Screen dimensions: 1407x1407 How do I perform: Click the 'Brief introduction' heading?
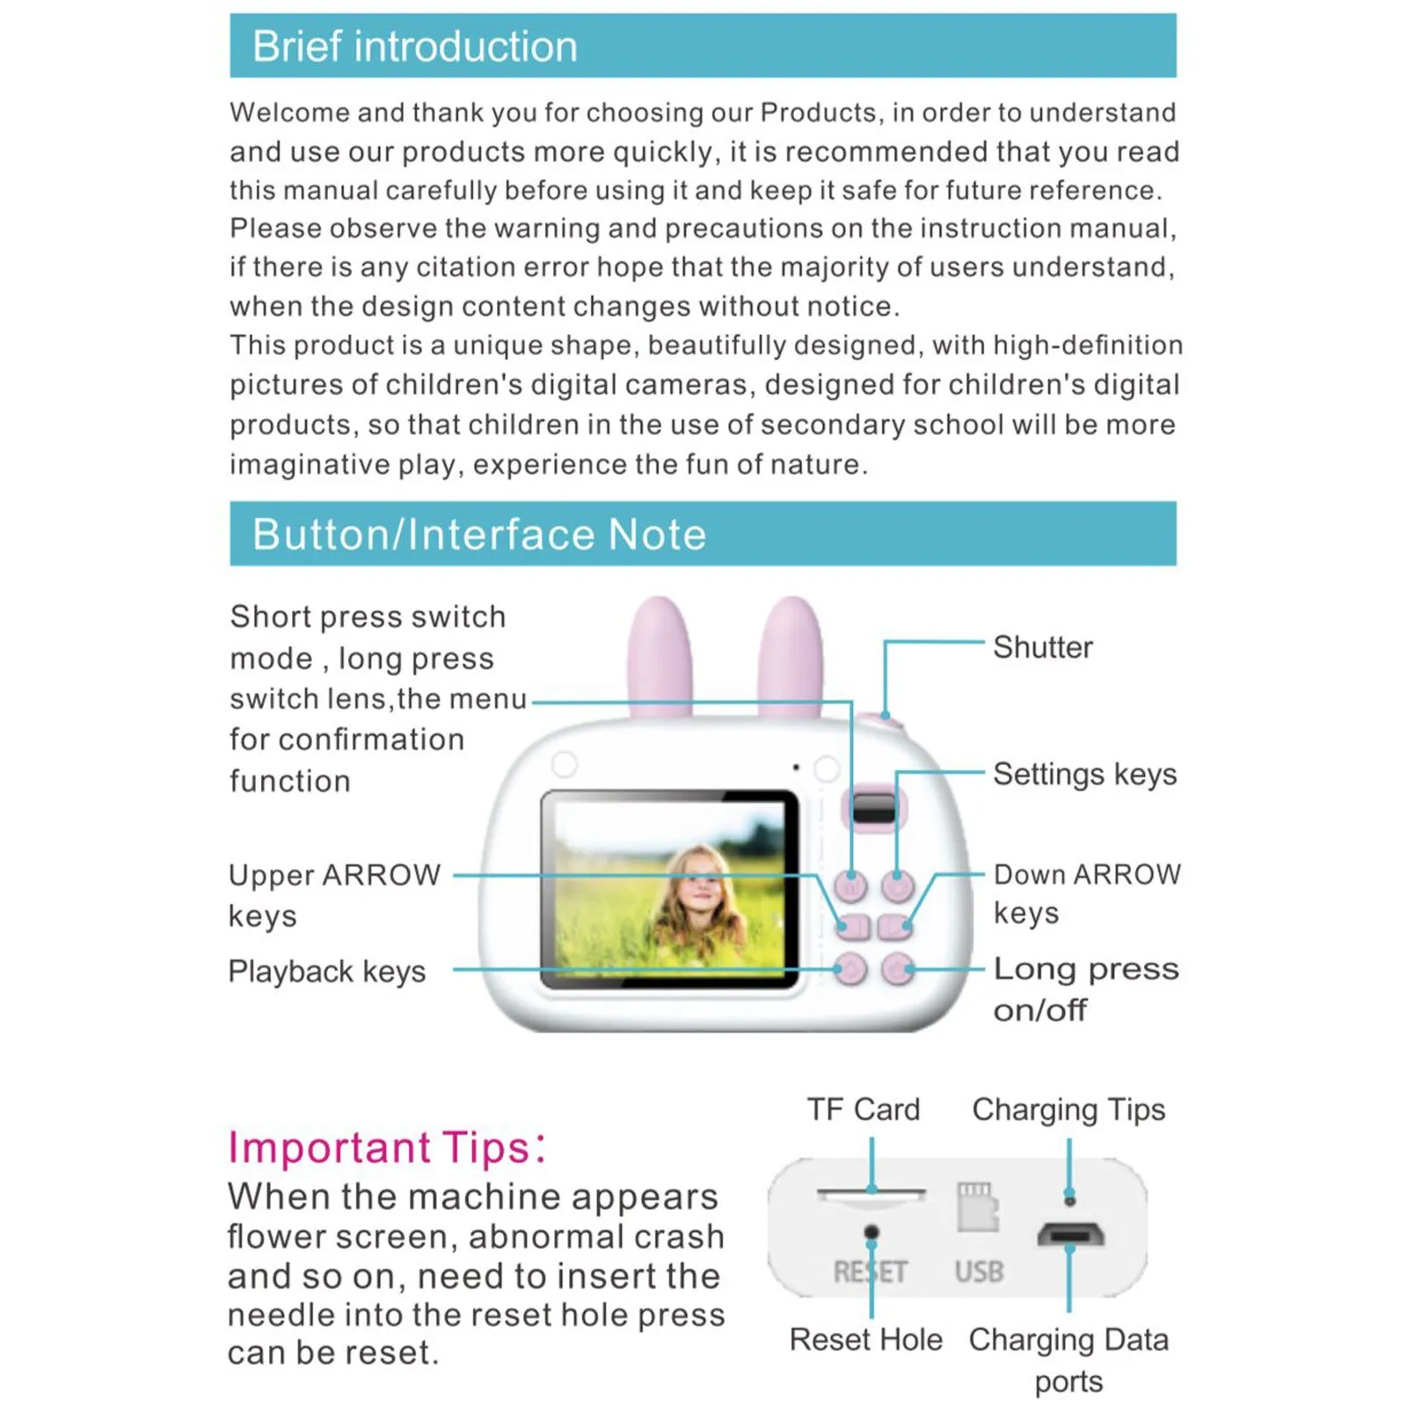[x=414, y=47]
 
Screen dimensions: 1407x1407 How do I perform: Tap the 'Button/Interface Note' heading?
[x=479, y=535]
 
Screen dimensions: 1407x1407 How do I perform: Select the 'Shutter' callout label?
[x=1042, y=647]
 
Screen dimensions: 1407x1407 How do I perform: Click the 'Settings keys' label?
[x=1084, y=774]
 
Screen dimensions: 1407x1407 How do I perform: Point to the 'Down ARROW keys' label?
[x=1087, y=893]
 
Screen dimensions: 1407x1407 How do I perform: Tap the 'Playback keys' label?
[x=326, y=971]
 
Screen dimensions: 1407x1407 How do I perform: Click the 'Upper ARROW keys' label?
[x=334, y=894]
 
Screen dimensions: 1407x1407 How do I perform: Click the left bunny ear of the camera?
[x=660, y=655]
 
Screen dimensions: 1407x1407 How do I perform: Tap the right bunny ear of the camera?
[x=791, y=655]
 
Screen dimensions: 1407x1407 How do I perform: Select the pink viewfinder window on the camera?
[x=873, y=807]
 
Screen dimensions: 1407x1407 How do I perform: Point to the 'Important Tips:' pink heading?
[x=387, y=1148]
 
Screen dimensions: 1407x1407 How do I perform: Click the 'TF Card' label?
[x=864, y=1110]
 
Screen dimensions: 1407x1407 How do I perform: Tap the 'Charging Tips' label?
[x=1068, y=1110]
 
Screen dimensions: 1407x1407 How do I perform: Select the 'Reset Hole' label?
[x=865, y=1339]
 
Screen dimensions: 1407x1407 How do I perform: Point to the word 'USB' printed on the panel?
[x=979, y=1272]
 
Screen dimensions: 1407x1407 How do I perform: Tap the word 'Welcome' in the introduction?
[x=287, y=113]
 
